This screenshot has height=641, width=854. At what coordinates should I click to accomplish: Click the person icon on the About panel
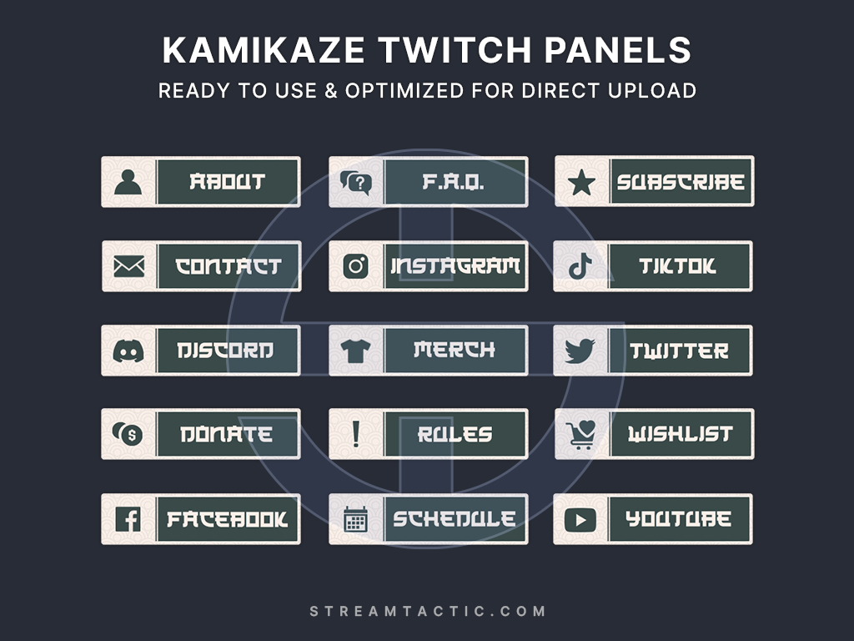(128, 182)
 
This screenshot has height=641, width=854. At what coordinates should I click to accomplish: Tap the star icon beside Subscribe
(581, 182)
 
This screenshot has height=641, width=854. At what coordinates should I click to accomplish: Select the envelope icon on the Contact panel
(129, 266)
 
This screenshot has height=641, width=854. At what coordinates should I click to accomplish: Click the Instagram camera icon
(355, 266)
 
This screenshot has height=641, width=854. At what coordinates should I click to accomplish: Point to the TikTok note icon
(580, 266)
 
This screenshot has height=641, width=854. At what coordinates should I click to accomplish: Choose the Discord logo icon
(128, 351)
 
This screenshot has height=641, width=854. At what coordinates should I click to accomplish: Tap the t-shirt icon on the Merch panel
(355, 351)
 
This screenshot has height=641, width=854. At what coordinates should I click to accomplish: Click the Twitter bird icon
(580, 351)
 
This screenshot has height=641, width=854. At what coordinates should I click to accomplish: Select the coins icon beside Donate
(127, 434)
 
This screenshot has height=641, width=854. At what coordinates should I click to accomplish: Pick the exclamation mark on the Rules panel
(356, 434)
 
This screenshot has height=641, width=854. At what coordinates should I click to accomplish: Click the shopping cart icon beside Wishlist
(580, 435)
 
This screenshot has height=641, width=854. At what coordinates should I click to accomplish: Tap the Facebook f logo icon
(128, 519)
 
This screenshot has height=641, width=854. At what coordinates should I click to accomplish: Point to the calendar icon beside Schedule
(355, 519)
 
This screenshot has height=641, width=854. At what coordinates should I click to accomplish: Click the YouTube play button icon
(580, 519)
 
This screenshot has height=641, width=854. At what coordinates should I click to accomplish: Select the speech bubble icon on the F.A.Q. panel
(355, 182)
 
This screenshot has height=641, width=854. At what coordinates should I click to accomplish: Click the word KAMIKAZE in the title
(264, 50)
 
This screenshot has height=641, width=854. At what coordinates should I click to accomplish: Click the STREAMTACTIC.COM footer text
(428, 611)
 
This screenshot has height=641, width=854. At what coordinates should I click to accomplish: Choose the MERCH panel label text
(455, 350)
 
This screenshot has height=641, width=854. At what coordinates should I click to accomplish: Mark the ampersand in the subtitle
(331, 90)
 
